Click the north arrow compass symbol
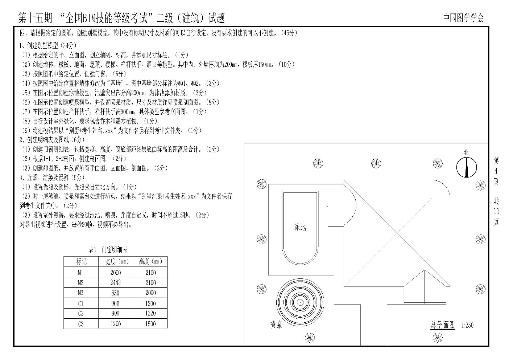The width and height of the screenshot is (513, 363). (x=466, y=167)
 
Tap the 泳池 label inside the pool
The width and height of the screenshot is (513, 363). (x=300, y=227)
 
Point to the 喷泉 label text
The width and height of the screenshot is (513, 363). (x=276, y=325)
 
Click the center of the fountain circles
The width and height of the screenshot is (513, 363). (x=300, y=302)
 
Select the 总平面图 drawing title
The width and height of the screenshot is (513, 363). (x=442, y=325)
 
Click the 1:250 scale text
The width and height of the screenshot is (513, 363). (x=467, y=325)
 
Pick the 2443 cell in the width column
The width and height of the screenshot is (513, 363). (x=115, y=282)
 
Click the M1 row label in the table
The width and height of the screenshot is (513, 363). (x=80, y=272)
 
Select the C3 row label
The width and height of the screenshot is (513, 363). (x=80, y=324)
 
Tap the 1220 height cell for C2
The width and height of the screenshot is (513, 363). (x=150, y=313)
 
